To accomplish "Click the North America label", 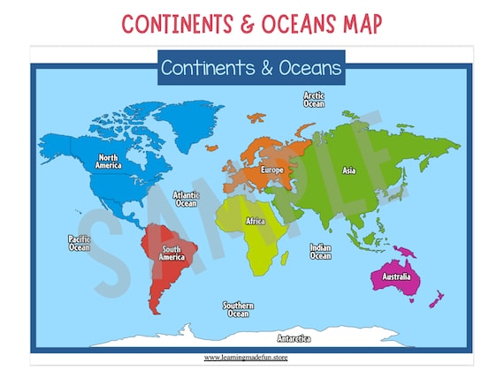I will pyautogui.click(x=109, y=161).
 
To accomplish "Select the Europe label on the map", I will pyautogui.click(x=271, y=170).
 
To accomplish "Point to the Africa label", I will pyautogui.click(x=256, y=221).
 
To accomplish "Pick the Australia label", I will pyautogui.click(x=395, y=277).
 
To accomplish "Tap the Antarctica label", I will pyautogui.click(x=294, y=338).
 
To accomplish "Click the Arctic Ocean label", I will pyautogui.click(x=314, y=99).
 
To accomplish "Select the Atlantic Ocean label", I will pyautogui.click(x=186, y=200).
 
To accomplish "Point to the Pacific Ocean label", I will pyautogui.click(x=80, y=242).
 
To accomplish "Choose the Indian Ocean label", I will pyautogui.click(x=320, y=253).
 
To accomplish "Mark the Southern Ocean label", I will pyautogui.click(x=238, y=309).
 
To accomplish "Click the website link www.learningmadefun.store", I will pyautogui.click(x=246, y=358).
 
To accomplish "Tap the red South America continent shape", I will pyautogui.click(x=168, y=274).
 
